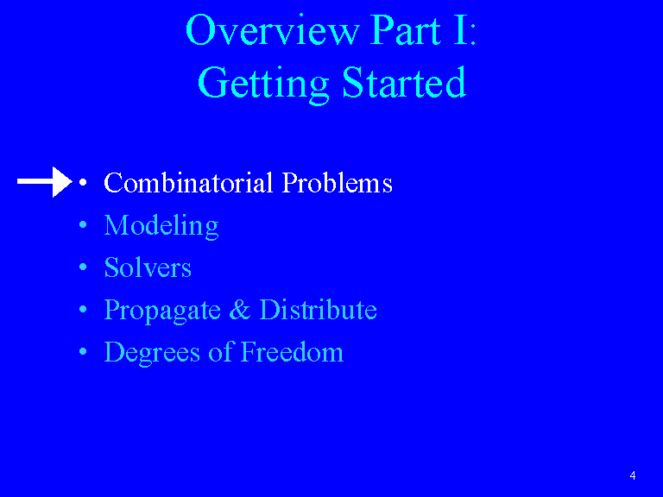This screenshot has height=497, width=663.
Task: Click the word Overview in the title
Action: point(273,30)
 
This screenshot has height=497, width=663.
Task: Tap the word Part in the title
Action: point(406,30)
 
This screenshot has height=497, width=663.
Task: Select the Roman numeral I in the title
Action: point(461,30)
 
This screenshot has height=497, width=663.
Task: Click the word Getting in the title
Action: point(263,83)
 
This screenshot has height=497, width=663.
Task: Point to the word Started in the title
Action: point(404,82)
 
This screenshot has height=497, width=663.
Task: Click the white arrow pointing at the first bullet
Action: point(45,182)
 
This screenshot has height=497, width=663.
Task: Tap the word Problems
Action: point(338,183)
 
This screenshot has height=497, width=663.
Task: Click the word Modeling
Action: point(161,226)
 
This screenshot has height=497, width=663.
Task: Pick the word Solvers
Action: point(148,267)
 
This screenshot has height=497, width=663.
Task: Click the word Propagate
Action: point(162,311)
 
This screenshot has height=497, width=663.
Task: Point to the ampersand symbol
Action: point(240,310)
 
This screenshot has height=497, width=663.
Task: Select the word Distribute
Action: point(318,310)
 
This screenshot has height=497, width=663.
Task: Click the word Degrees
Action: point(152,353)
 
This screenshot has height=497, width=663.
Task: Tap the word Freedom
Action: point(292,352)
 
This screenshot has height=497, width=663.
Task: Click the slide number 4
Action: point(633,475)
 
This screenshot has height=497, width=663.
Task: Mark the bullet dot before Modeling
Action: point(83,225)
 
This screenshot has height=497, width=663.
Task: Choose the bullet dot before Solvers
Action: point(83,267)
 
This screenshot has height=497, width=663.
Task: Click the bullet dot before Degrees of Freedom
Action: point(83,352)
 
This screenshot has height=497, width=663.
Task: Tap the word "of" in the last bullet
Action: point(221,352)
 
